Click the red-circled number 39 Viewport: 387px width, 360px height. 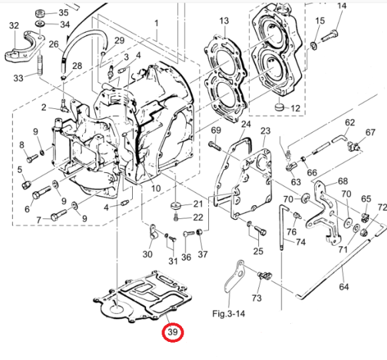[x=173, y=332]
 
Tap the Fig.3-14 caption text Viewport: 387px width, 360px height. [x=229, y=314]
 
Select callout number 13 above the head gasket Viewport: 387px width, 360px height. [x=224, y=21]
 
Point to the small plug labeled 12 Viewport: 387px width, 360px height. [x=279, y=107]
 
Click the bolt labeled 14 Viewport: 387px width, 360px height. [x=330, y=36]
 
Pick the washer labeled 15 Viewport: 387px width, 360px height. [x=314, y=45]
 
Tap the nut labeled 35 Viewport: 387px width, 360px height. [x=39, y=13]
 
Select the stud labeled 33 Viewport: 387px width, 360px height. [x=40, y=65]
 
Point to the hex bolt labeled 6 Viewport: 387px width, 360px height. [x=41, y=192]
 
